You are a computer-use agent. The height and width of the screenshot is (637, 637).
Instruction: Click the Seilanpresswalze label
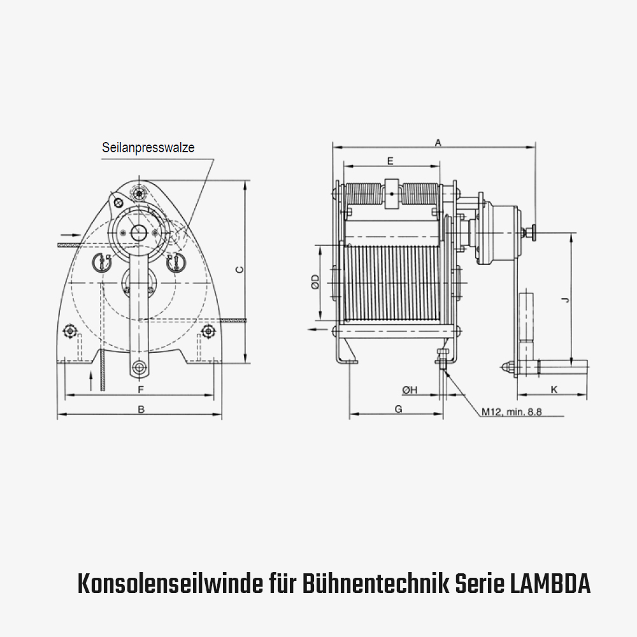[x=148, y=147]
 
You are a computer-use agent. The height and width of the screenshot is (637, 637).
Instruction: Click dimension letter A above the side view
[x=438, y=143]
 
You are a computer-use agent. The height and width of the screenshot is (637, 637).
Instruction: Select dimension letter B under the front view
[x=141, y=410]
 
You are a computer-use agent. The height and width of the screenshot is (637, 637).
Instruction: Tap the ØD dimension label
[x=316, y=282]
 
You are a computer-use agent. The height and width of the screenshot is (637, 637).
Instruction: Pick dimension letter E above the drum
[x=390, y=160]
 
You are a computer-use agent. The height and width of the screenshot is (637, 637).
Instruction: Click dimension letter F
[x=141, y=389]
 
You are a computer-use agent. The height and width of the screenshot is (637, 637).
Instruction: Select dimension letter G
[x=398, y=409]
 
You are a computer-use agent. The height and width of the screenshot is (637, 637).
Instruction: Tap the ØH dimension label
[x=409, y=390]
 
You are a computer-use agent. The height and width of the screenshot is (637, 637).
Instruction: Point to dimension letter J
[x=566, y=299]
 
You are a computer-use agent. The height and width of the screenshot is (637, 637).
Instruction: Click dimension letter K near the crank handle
[x=554, y=389]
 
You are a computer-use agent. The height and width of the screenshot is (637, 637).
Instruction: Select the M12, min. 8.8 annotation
[x=511, y=412]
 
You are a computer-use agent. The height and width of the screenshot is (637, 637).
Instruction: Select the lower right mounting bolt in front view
[x=208, y=331]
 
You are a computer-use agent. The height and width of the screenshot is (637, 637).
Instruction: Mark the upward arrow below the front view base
[x=92, y=380]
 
